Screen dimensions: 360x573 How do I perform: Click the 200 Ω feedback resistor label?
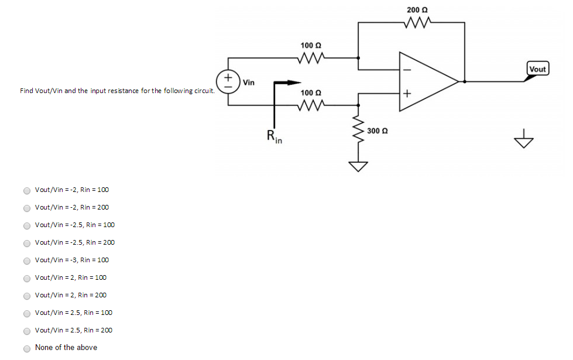point(417,10)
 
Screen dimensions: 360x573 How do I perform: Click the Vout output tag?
point(537,69)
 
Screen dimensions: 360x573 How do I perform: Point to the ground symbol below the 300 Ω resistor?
point(358,167)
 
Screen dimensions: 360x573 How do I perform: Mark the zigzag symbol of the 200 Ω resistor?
point(417,23)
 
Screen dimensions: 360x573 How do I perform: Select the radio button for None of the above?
point(27,348)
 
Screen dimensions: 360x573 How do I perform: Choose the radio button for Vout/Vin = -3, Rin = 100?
point(27,260)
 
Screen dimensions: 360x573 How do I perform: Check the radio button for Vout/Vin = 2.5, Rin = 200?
point(27,331)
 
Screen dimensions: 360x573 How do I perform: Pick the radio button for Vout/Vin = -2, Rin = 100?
point(27,190)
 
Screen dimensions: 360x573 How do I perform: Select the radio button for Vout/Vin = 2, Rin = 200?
point(27,296)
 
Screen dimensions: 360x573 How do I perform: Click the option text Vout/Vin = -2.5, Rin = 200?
point(74,242)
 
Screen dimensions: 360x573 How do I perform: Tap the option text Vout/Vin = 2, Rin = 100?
point(70,277)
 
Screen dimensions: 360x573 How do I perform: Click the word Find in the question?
point(26,91)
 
